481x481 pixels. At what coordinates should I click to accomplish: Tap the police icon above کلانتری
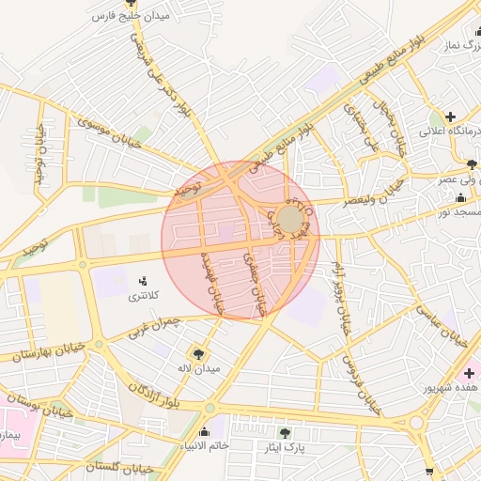[x=144, y=280]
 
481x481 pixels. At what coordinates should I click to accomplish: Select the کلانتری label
[x=144, y=296]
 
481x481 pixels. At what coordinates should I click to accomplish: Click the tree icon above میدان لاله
[x=198, y=352]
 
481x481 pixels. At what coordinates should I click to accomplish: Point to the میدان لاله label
[x=199, y=367]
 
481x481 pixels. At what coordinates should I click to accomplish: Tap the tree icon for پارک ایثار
[x=285, y=433]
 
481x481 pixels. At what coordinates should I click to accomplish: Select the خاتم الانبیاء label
[x=205, y=446]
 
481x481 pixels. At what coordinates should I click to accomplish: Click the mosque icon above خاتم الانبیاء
[x=204, y=431]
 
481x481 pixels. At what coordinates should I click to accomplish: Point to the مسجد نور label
[x=459, y=213]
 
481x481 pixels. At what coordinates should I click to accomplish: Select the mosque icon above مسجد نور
[x=460, y=198]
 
